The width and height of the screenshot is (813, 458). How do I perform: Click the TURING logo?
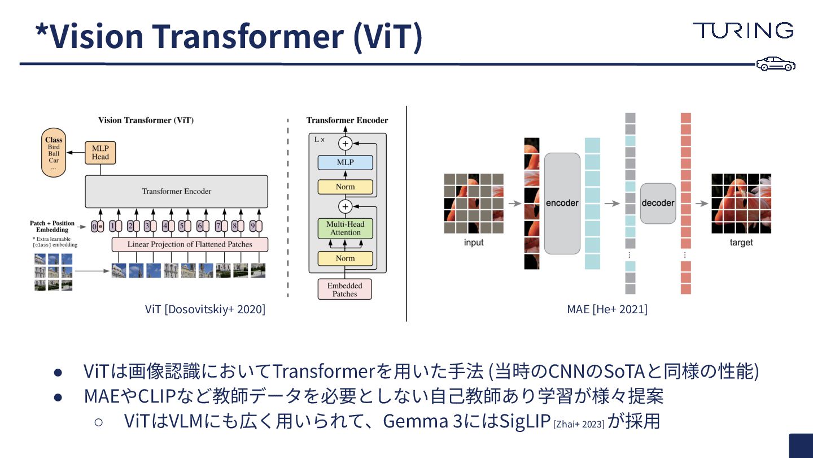743,31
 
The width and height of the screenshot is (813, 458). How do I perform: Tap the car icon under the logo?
776,64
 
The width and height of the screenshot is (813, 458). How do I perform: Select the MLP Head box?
100,153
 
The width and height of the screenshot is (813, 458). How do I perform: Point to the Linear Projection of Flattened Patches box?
190,244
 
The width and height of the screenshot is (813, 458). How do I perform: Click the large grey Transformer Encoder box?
176,191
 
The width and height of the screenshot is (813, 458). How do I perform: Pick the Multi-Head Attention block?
345,228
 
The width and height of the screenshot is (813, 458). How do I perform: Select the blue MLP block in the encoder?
345,162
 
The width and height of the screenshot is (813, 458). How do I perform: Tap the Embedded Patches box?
344,290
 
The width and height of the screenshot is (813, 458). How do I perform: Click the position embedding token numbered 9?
252,226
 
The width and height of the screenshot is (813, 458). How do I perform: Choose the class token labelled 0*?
97,226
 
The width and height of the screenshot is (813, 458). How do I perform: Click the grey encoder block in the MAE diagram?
562,203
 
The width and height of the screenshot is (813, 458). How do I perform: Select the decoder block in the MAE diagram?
658,203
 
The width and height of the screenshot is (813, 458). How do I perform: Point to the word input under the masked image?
474,243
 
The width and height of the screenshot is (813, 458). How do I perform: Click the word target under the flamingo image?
741,243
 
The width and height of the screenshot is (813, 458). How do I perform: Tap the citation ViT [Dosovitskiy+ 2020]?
205,309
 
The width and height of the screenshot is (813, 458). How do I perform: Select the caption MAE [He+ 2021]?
607,309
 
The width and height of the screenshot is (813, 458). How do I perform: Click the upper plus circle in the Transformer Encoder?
345,144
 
